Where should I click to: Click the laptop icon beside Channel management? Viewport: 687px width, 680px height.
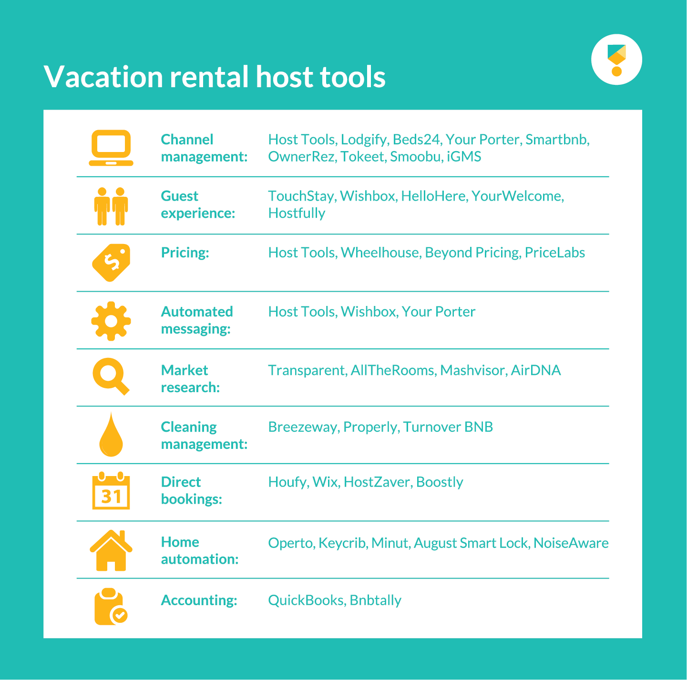pyautogui.click(x=111, y=148)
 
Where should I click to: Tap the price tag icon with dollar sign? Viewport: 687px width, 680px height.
pyautogui.click(x=111, y=263)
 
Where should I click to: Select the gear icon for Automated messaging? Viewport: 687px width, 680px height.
pyautogui.click(x=111, y=321)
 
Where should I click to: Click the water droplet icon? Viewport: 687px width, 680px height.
pyautogui.click(x=111, y=435)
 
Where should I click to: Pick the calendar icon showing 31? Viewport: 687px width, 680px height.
pyautogui.click(x=111, y=491)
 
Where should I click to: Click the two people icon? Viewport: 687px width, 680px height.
pyautogui.click(x=111, y=206)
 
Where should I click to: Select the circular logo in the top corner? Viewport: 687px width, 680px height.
pyautogui.click(x=616, y=60)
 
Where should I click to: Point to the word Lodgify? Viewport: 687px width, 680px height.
pyautogui.click(x=364, y=140)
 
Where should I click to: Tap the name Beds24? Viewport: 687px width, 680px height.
pyautogui.click(x=416, y=140)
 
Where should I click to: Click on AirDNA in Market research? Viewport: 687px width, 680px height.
pyautogui.click(x=536, y=370)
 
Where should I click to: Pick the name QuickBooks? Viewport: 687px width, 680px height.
pyautogui.click(x=306, y=600)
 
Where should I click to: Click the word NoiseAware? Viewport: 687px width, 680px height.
pyautogui.click(x=571, y=543)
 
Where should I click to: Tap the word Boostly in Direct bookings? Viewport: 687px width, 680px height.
pyautogui.click(x=440, y=482)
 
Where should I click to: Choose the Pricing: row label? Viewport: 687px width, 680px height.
pyautogui.click(x=185, y=253)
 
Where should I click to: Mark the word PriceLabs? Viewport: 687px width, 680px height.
pyautogui.click(x=555, y=253)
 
